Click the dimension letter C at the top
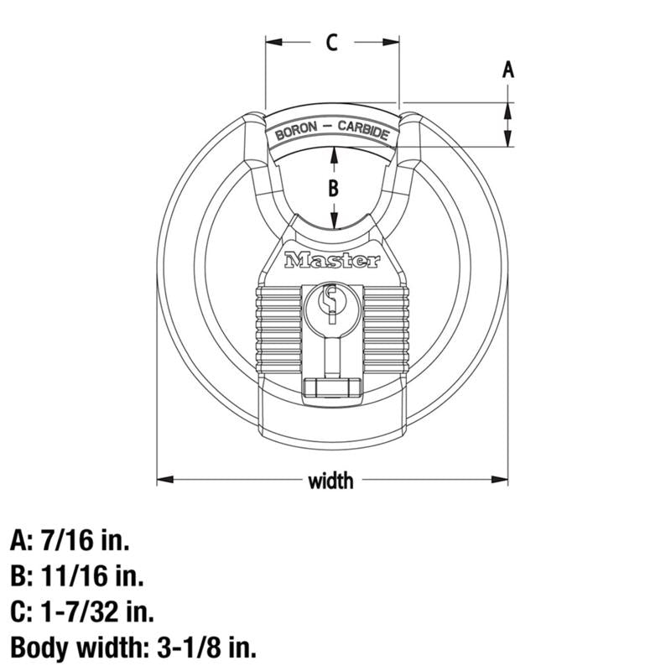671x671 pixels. point(332,42)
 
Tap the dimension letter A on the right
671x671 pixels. point(507,70)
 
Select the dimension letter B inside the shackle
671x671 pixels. point(333,188)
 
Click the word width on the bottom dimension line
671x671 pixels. point(331,481)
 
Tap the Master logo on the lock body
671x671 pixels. point(332,261)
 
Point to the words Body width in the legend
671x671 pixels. point(70,648)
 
